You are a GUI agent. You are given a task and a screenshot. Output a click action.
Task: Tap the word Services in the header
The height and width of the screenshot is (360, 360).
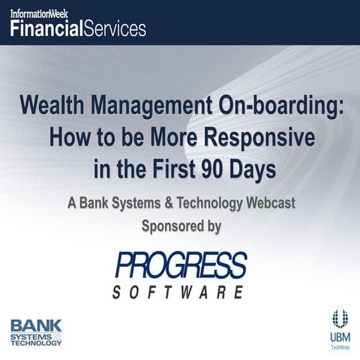tap(115, 29)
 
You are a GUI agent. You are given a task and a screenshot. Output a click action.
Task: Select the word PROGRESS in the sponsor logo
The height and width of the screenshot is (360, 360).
tap(181, 265)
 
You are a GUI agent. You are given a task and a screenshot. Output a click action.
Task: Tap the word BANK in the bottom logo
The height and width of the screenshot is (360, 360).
tap(35, 326)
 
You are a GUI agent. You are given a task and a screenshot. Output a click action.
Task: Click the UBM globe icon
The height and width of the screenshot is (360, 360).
tap(339, 317)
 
